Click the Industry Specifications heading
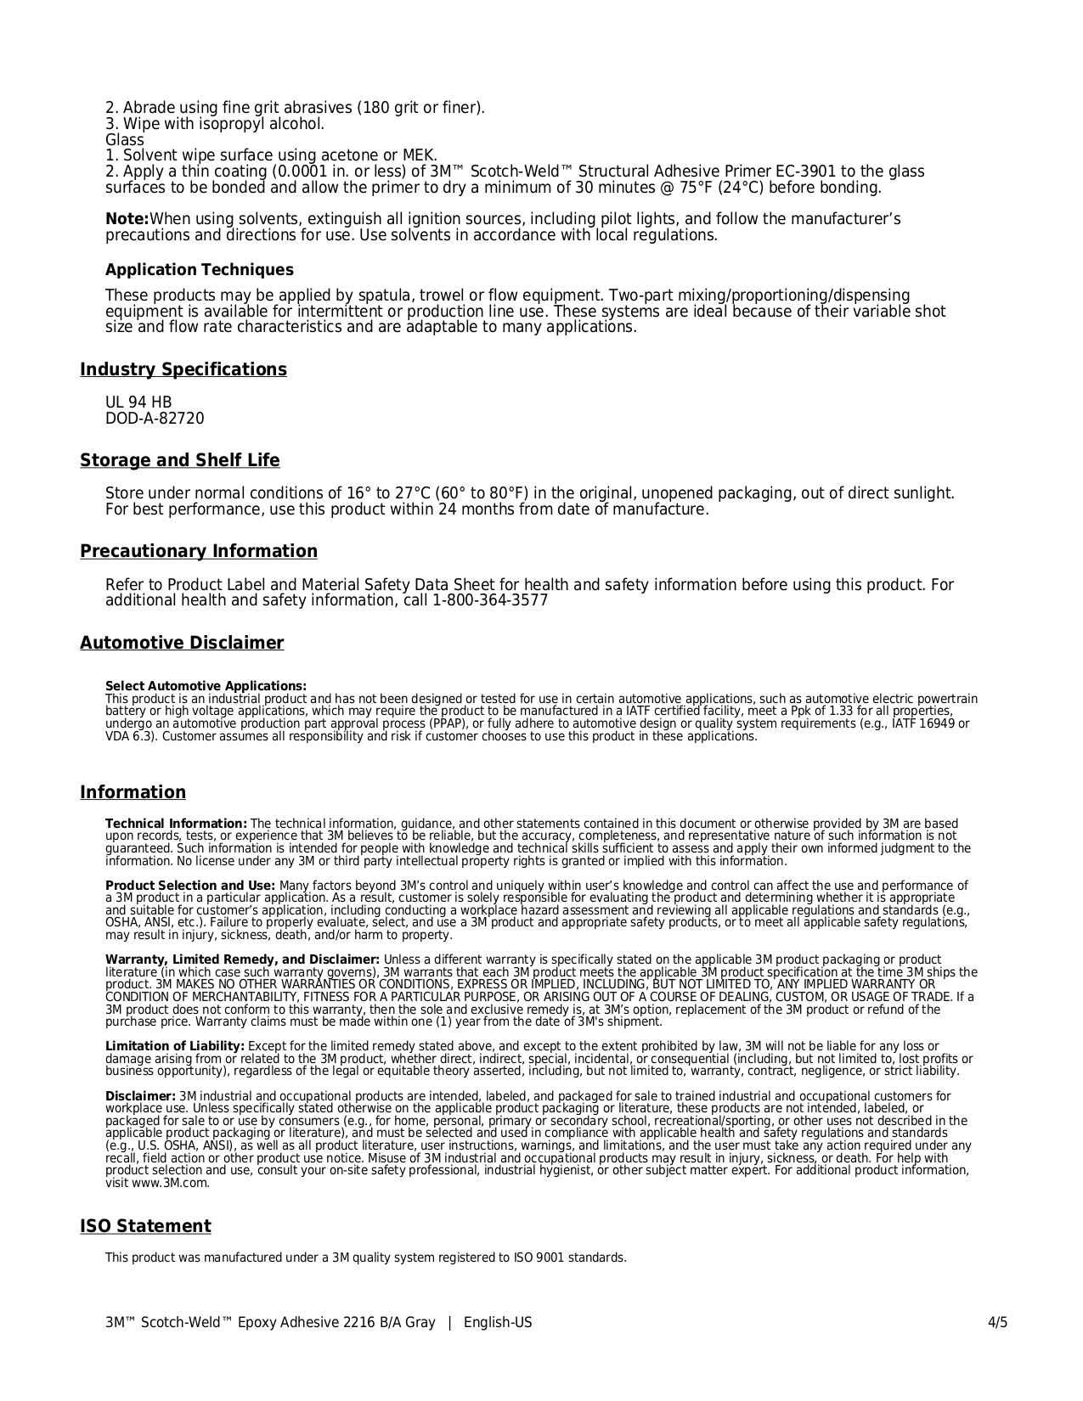(x=183, y=369)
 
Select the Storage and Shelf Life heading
(x=179, y=460)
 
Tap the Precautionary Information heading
(x=199, y=551)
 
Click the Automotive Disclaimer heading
(x=182, y=643)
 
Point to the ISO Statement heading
(x=145, y=1226)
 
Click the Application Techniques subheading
(x=199, y=270)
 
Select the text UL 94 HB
(x=138, y=402)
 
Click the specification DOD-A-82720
(x=155, y=419)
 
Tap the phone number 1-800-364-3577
(x=490, y=600)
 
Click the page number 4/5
(x=997, y=1322)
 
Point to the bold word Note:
(x=127, y=220)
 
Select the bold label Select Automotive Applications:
(x=206, y=686)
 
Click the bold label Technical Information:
(x=176, y=824)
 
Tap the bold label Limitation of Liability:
(x=174, y=1046)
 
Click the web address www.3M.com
(x=171, y=1183)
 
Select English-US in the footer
(x=498, y=1322)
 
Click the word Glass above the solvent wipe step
(x=125, y=140)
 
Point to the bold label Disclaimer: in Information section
(x=140, y=1096)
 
